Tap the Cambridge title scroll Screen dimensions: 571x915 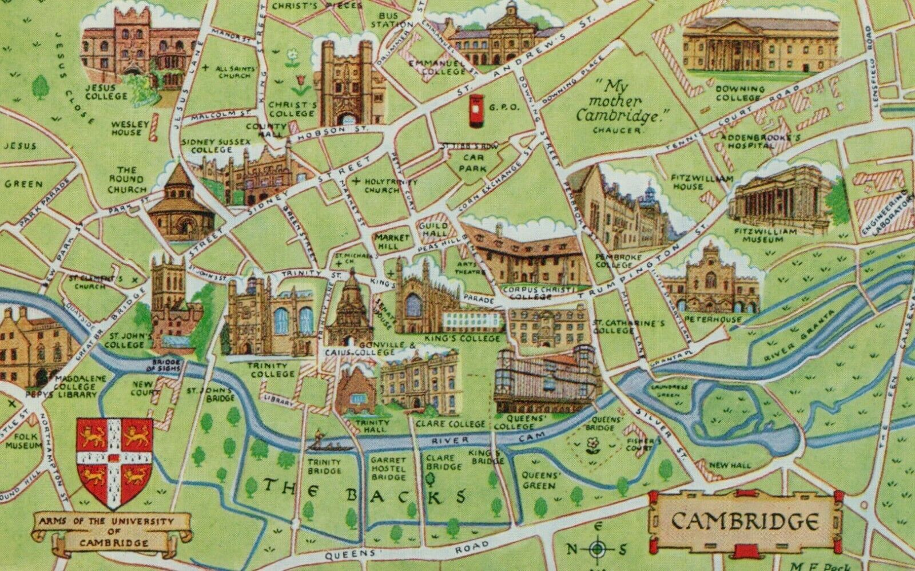click(743, 521)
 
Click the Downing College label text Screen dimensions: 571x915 click(739, 93)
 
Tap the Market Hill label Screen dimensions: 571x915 click(392, 241)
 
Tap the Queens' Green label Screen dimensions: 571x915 click(538, 481)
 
